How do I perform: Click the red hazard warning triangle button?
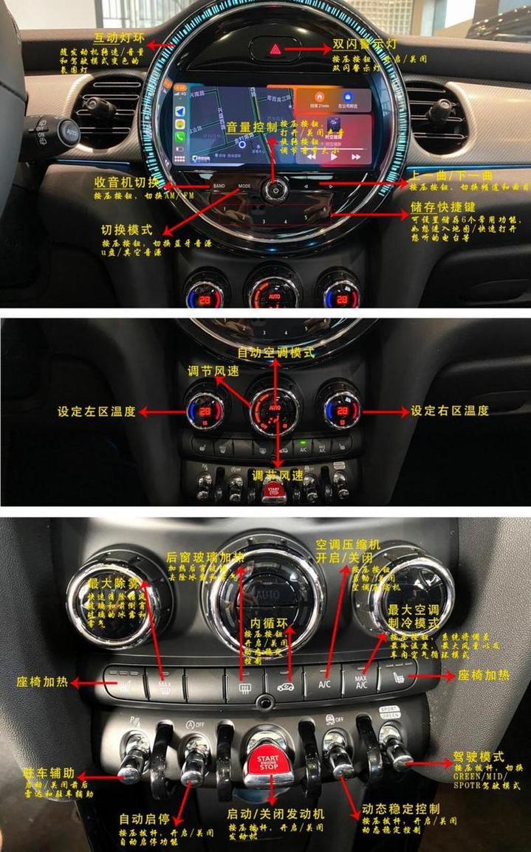[275, 50]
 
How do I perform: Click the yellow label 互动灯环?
[118, 38]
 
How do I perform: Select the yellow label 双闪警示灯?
[364, 44]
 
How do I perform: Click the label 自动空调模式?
[275, 353]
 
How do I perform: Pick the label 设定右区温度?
[450, 411]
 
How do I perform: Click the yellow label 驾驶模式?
[478, 757]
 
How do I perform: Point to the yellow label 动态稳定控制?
[401, 808]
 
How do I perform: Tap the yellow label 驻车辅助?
[49, 773]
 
